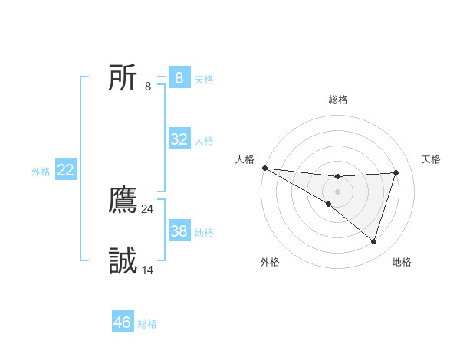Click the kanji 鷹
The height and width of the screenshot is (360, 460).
click(123, 199)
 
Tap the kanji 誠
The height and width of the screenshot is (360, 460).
click(123, 261)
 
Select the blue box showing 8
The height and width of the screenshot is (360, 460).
click(179, 77)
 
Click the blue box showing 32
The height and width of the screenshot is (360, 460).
click(179, 139)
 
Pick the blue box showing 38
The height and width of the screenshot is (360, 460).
click(179, 231)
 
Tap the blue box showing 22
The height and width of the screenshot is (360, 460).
click(65, 170)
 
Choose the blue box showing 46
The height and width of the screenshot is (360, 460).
click(123, 322)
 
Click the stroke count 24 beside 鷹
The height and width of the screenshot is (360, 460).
click(148, 208)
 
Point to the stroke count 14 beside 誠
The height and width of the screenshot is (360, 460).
click(148, 270)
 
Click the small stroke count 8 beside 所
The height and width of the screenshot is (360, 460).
click(148, 86)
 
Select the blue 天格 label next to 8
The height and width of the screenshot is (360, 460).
click(204, 80)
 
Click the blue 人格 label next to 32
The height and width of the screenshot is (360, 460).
click(204, 141)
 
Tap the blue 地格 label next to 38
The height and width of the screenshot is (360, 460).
click(204, 233)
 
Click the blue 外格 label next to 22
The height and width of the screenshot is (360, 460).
click(41, 172)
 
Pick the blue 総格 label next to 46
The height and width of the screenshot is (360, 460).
click(147, 325)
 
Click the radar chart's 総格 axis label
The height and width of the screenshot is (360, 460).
click(338, 100)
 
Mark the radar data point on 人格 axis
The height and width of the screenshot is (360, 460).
click(264, 168)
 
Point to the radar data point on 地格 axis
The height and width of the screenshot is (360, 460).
click(374, 242)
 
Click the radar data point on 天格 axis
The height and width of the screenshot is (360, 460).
click(396, 172)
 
